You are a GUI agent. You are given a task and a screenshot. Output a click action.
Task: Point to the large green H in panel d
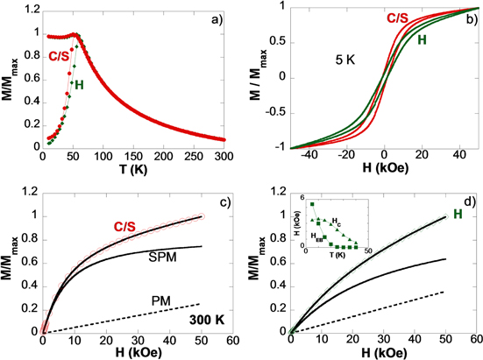tap(454, 210)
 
